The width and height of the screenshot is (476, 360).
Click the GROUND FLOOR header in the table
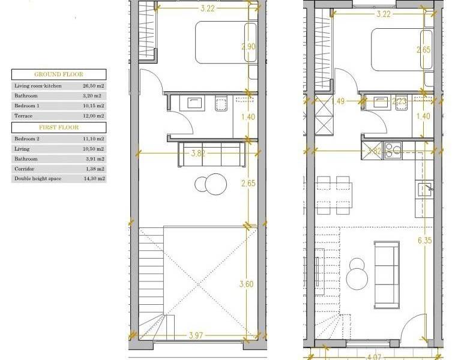pyautogui.click(x=59, y=74)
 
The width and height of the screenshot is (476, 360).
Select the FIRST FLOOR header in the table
pyautogui.click(x=59, y=127)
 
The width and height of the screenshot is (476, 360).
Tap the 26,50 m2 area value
pyautogui.click(x=93, y=86)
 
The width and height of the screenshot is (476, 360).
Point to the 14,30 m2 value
pyautogui.click(x=93, y=179)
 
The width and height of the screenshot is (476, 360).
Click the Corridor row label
pyautogui.click(x=24, y=169)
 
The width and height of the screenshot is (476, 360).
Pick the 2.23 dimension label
pyautogui.click(x=399, y=102)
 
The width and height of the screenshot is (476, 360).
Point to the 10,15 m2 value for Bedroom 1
pyautogui.click(x=93, y=106)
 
